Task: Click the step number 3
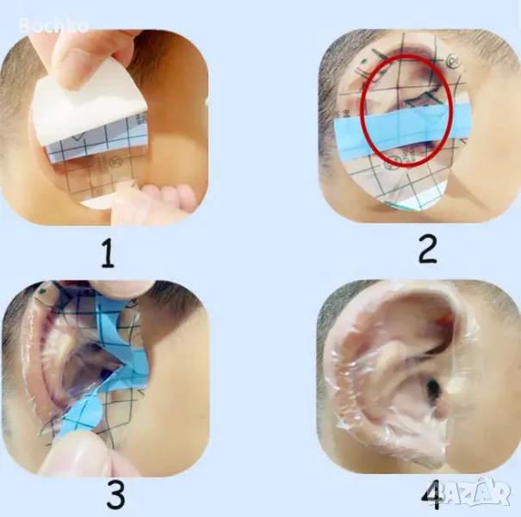115,495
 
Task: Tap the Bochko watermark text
53,26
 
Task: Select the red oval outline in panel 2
363,109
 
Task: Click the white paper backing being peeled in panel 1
86,106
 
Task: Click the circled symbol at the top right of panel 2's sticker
452,61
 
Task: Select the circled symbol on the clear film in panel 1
117,163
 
